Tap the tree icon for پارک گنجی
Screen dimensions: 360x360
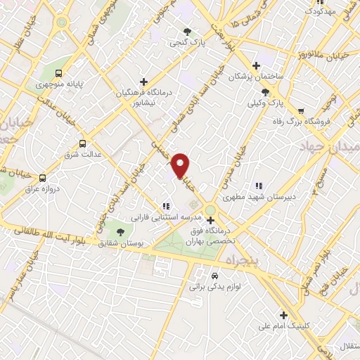pyautogui.click(x=187, y=32)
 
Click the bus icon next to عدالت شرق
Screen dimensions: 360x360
pyautogui.click(x=83, y=143)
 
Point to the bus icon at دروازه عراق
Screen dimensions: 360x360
pyautogui.click(x=43, y=178)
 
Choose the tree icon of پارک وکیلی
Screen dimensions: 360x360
pyautogui.click(x=265, y=92)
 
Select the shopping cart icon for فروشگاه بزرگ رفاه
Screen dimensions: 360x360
pyautogui.click(x=301, y=110)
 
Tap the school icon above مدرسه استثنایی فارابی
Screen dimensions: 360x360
pyautogui.click(x=166, y=206)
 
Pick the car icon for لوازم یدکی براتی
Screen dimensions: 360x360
pyautogui.click(x=214, y=276)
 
